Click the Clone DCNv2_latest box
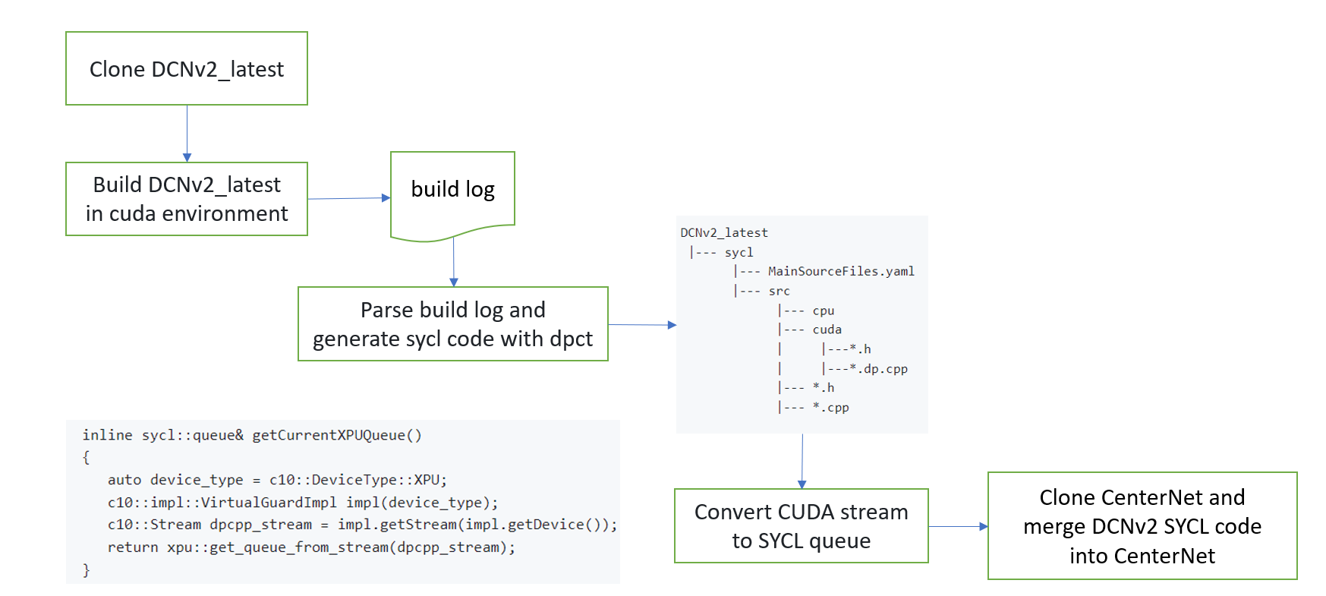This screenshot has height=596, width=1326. [x=187, y=68]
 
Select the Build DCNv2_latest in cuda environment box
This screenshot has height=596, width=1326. [x=187, y=199]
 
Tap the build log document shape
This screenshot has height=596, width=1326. [x=452, y=190]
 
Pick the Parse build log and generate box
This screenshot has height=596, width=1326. [x=452, y=323]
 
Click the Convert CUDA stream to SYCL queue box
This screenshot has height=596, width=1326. [x=801, y=525]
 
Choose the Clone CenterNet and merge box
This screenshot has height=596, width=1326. [x=1142, y=525]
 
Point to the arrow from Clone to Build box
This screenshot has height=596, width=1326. [x=187, y=133]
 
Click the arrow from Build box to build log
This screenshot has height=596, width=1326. [x=348, y=198]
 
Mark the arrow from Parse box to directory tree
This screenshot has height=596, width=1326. [x=641, y=325]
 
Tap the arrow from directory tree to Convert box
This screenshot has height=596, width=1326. [x=802, y=461]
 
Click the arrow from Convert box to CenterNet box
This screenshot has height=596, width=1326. [x=958, y=526]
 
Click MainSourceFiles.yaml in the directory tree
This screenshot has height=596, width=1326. [x=841, y=271]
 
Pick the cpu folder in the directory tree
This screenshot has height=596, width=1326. [x=824, y=311]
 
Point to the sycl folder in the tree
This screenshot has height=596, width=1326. [x=739, y=252]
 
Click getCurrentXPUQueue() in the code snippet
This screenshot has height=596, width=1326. [x=336, y=435]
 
